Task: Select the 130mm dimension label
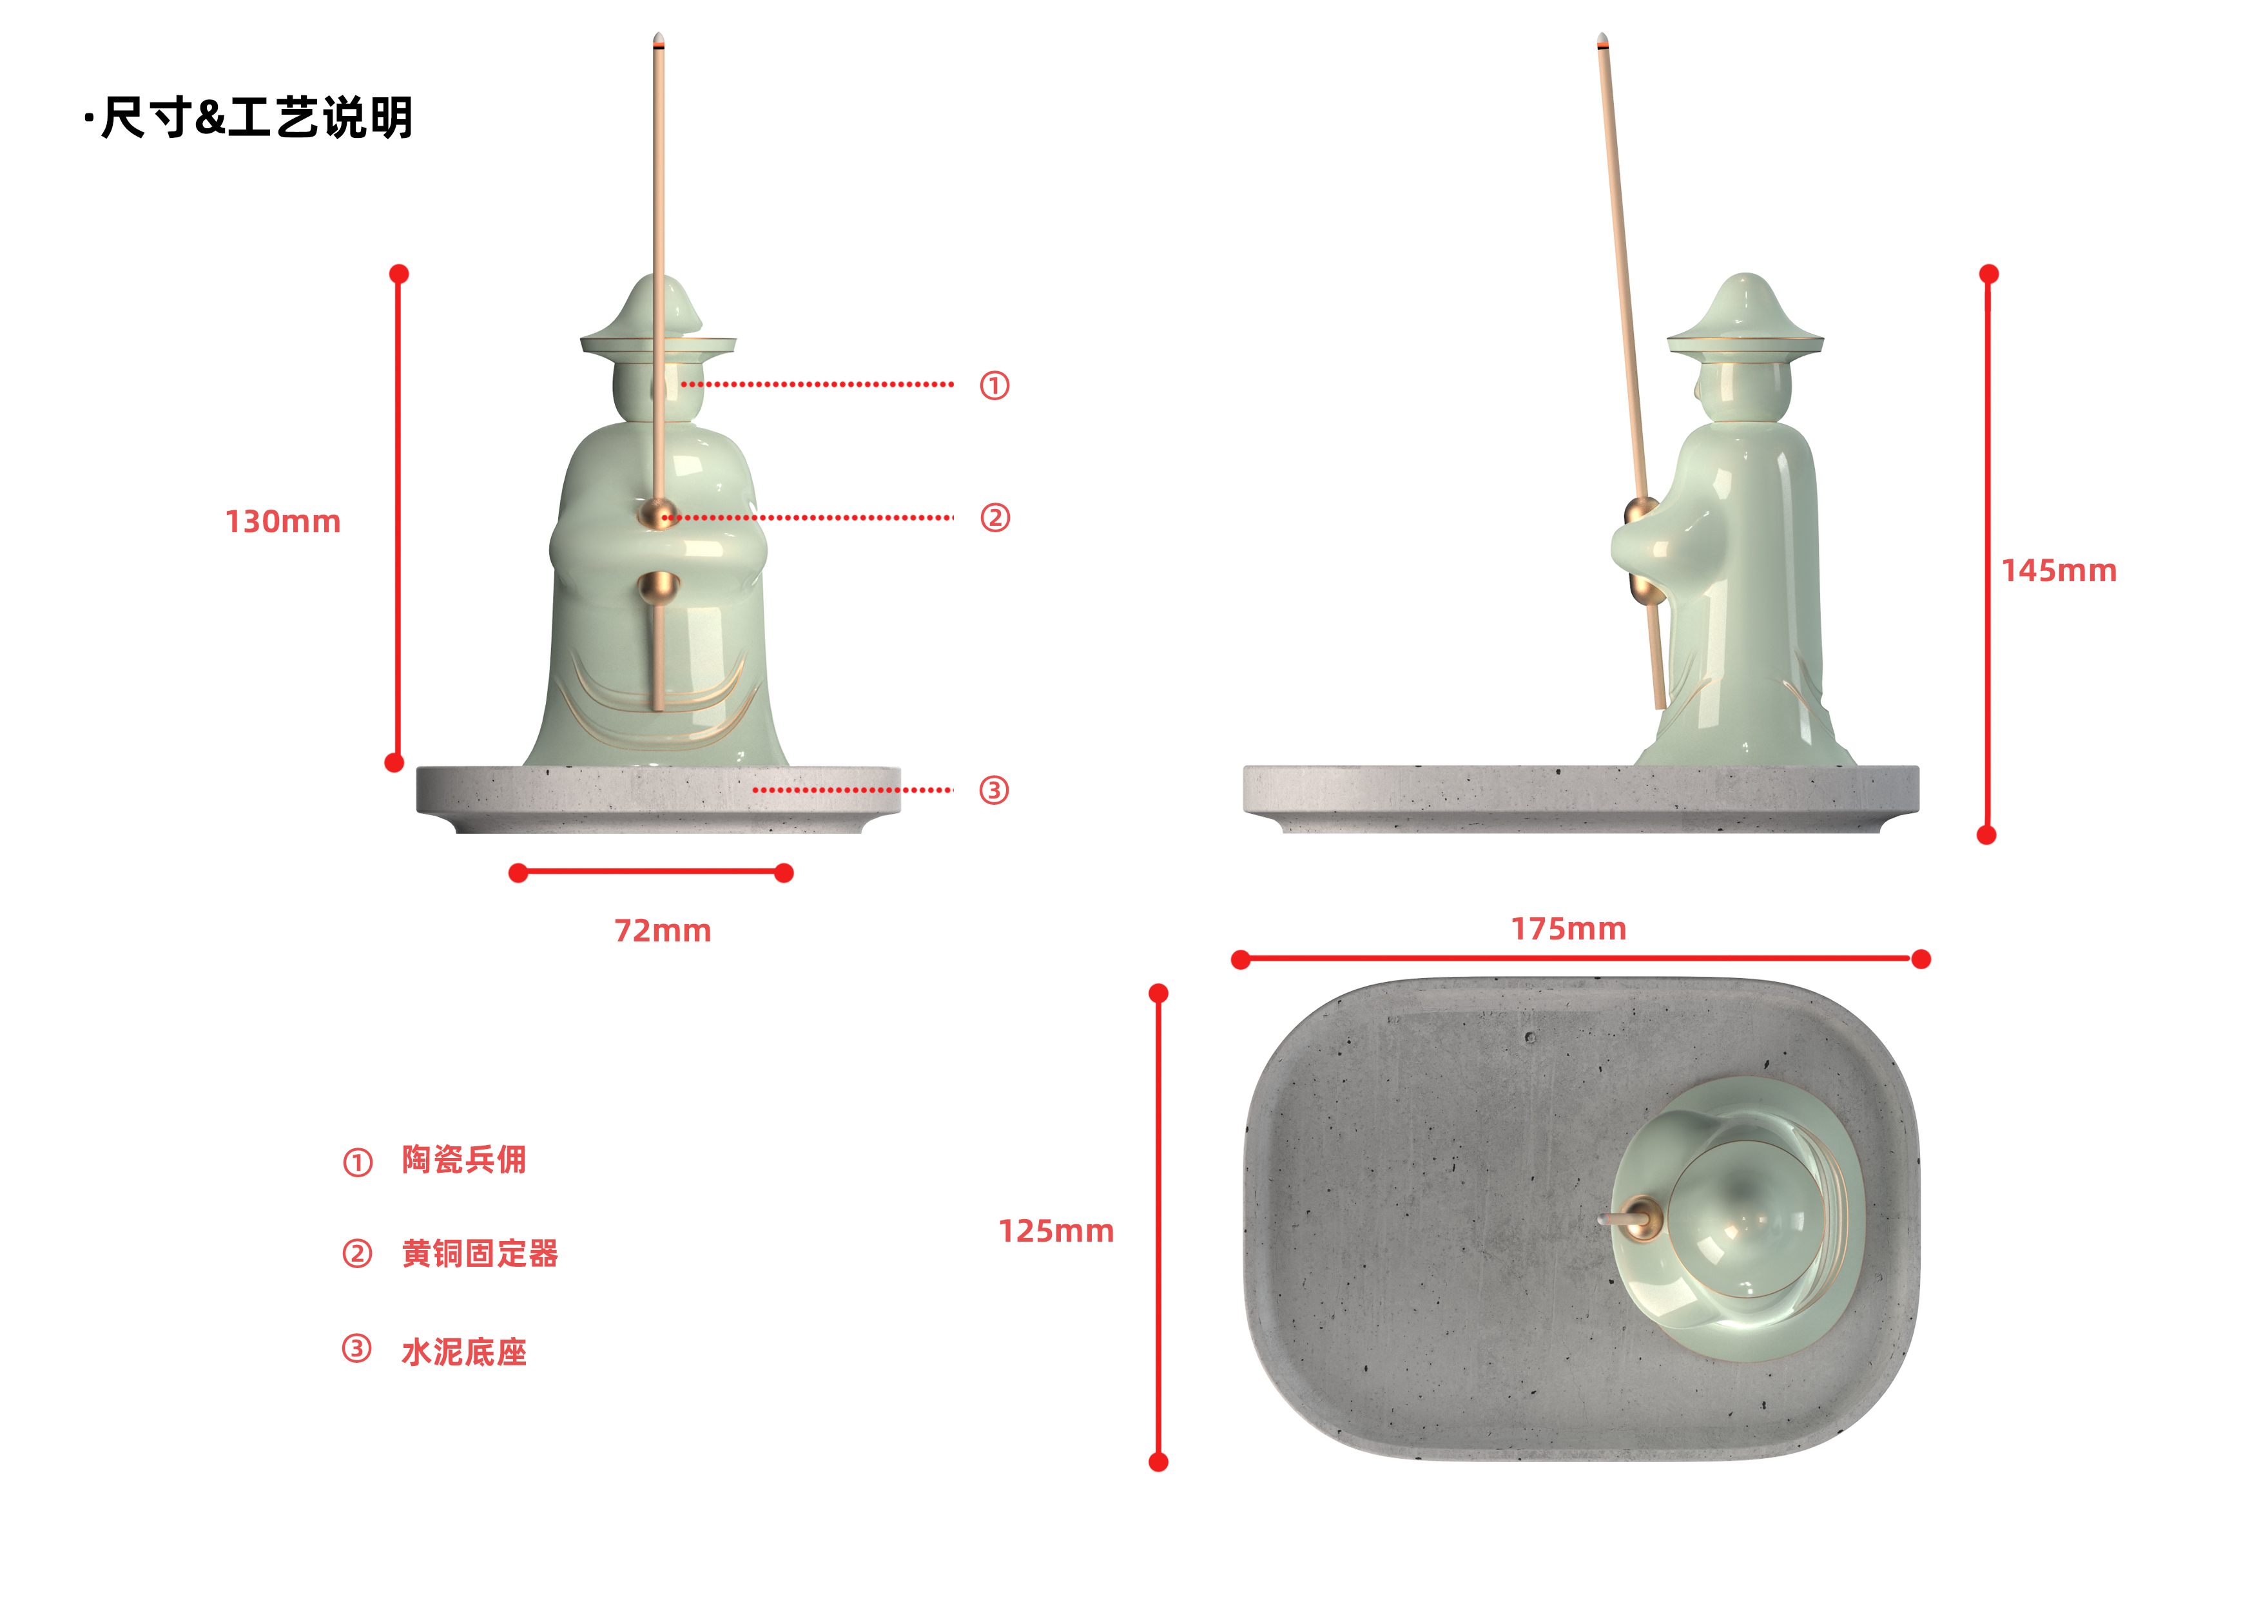[x=282, y=522]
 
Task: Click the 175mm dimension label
[x=1569, y=929]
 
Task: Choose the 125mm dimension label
[x=1056, y=1232]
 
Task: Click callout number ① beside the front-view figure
[x=995, y=385]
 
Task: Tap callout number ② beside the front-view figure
[x=995, y=518]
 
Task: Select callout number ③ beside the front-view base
[x=994, y=791]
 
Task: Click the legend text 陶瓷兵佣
[x=464, y=1160]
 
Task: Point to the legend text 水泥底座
[x=464, y=1352]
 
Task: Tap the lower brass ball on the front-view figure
[x=657, y=588]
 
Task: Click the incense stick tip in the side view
[x=1602, y=41]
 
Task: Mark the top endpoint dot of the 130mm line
[x=399, y=274]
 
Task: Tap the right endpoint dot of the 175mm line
[x=1920, y=959]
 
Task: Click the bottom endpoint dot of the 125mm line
[x=1159, y=1462]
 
